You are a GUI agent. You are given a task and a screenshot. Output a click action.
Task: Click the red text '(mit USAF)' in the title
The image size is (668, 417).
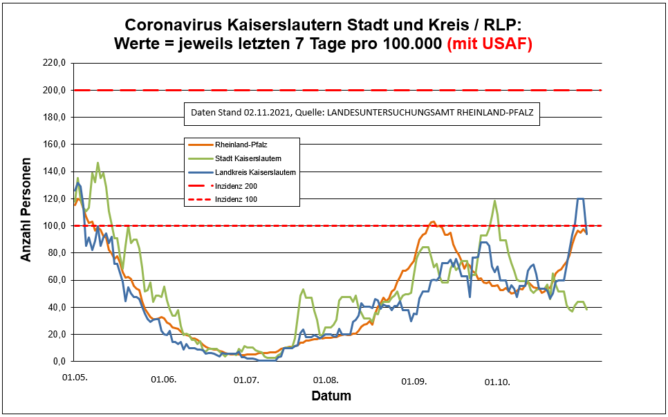[x=490, y=43]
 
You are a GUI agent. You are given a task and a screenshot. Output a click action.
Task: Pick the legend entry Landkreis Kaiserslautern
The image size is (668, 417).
[x=255, y=172]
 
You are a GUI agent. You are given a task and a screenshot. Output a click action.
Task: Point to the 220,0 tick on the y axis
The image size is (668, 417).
[x=53, y=63]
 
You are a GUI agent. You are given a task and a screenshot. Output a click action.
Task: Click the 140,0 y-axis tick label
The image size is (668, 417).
[x=53, y=172]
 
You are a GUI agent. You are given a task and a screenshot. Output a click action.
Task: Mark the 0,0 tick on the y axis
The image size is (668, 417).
[x=57, y=362]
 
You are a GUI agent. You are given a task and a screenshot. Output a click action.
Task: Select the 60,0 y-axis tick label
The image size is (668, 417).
[x=55, y=280]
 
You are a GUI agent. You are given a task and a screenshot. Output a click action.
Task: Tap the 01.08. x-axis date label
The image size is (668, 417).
[x=326, y=380]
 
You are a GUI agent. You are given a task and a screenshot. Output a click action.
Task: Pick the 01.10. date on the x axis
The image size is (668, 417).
[x=497, y=381]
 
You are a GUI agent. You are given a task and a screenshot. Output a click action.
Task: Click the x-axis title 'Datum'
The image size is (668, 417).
[x=331, y=396]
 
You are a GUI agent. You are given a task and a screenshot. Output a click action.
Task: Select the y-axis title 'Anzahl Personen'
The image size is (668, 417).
[x=26, y=212]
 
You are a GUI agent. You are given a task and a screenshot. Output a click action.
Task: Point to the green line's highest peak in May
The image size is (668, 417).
[x=98, y=163]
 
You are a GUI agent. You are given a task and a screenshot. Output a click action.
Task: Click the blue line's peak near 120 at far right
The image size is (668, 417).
[x=581, y=198]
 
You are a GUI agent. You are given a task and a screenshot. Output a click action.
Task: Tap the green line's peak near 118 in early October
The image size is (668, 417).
[x=494, y=201]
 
